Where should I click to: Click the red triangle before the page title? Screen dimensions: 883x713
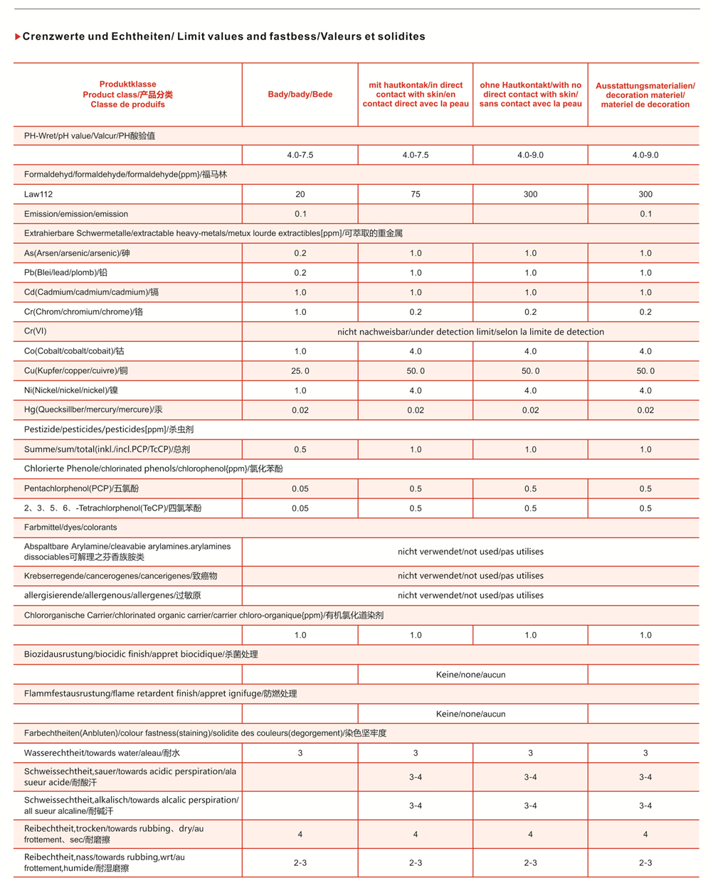(x=18, y=37)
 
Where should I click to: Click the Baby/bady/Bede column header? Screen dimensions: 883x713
(x=300, y=95)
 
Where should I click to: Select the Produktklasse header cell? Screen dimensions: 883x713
(x=128, y=95)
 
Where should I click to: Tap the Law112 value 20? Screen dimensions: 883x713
(x=300, y=194)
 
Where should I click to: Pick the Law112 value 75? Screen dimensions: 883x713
(x=416, y=194)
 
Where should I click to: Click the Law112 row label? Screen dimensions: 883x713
(x=38, y=194)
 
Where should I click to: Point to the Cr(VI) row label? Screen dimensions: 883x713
(x=36, y=331)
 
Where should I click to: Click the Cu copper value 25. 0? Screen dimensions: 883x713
(x=300, y=371)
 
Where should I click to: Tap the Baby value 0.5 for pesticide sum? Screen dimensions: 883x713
(x=300, y=449)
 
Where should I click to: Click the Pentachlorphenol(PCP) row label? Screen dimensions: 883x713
(x=81, y=488)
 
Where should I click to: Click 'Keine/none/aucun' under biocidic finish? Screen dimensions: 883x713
(x=470, y=675)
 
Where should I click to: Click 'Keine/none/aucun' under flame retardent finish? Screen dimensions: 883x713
(x=470, y=714)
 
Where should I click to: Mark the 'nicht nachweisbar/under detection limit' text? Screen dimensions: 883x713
(x=470, y=332)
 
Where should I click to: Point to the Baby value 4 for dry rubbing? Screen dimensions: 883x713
(x=300, y=835)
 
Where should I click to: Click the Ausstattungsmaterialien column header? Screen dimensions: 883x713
(x=645, y=95)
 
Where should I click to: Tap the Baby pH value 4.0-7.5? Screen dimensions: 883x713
(x=300, y=155)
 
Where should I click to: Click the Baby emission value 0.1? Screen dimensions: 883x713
(x=300, y=214)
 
